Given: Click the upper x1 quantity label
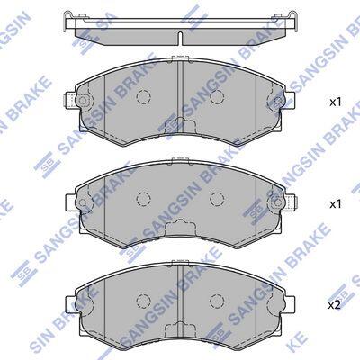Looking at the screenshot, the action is click(x=336, y=103).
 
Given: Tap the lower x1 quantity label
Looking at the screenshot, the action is click(x=336, y=204).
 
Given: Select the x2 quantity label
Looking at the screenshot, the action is click(x=335, y=305).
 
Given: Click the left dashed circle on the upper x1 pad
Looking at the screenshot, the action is click(x=143, y=96).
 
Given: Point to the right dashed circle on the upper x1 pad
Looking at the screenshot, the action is click(x=217, y=96).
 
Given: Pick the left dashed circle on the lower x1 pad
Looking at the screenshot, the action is click(x=143, y=198).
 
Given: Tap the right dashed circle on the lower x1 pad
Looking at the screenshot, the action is click(x=217, y=198).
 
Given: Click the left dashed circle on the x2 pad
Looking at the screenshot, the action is click(x=143, y=300).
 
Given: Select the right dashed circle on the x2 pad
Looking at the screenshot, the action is click(x=217, y=300).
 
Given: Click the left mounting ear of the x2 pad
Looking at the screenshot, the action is click(x=70, y=303).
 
